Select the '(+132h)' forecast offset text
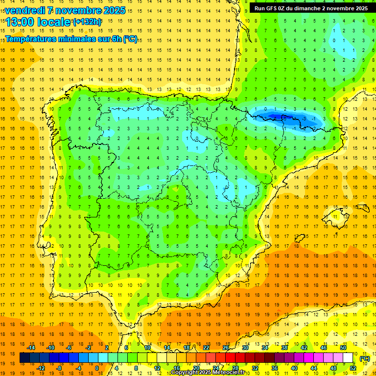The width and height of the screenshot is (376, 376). coord(87,22)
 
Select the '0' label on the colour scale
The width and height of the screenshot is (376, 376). coord(97,368)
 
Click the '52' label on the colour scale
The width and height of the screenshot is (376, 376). coord(353,368)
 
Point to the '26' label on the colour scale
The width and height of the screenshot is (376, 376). coord(226,348)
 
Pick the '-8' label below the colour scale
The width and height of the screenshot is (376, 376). coord(59,368)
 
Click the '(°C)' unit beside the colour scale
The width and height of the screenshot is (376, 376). coord(364,358)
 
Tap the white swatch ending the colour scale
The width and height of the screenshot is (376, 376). coord(348,358)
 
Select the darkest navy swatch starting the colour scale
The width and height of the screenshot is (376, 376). coord(24,358)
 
